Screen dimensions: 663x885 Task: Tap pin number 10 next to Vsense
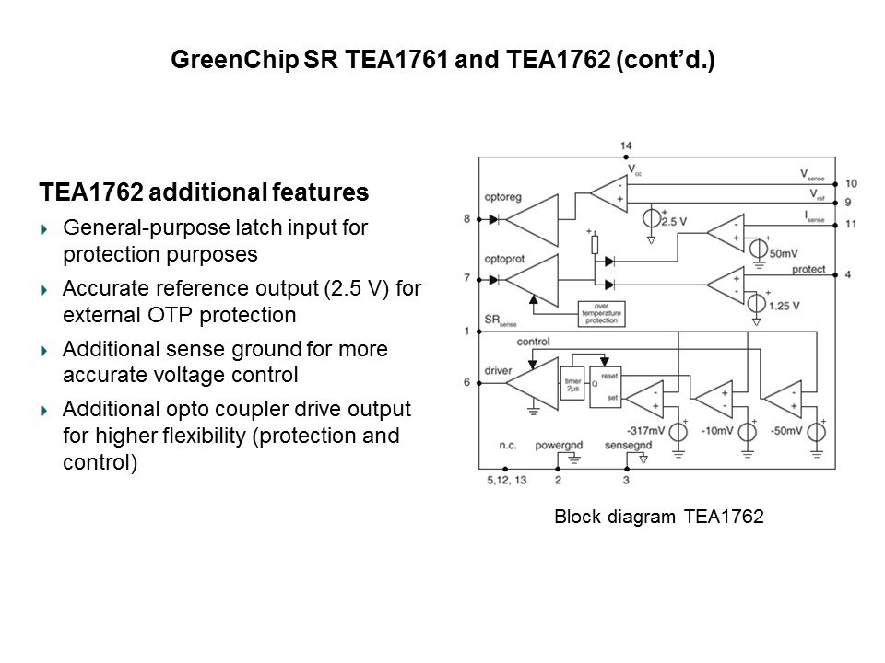pos(850,184)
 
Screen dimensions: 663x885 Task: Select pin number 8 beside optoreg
pos(467,219)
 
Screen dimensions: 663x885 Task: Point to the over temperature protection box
pos(601,312)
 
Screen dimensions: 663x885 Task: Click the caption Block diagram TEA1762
pos(658,518)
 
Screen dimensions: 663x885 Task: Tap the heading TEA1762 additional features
pos(204,193)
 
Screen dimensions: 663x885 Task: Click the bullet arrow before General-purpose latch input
pos(45,227)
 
